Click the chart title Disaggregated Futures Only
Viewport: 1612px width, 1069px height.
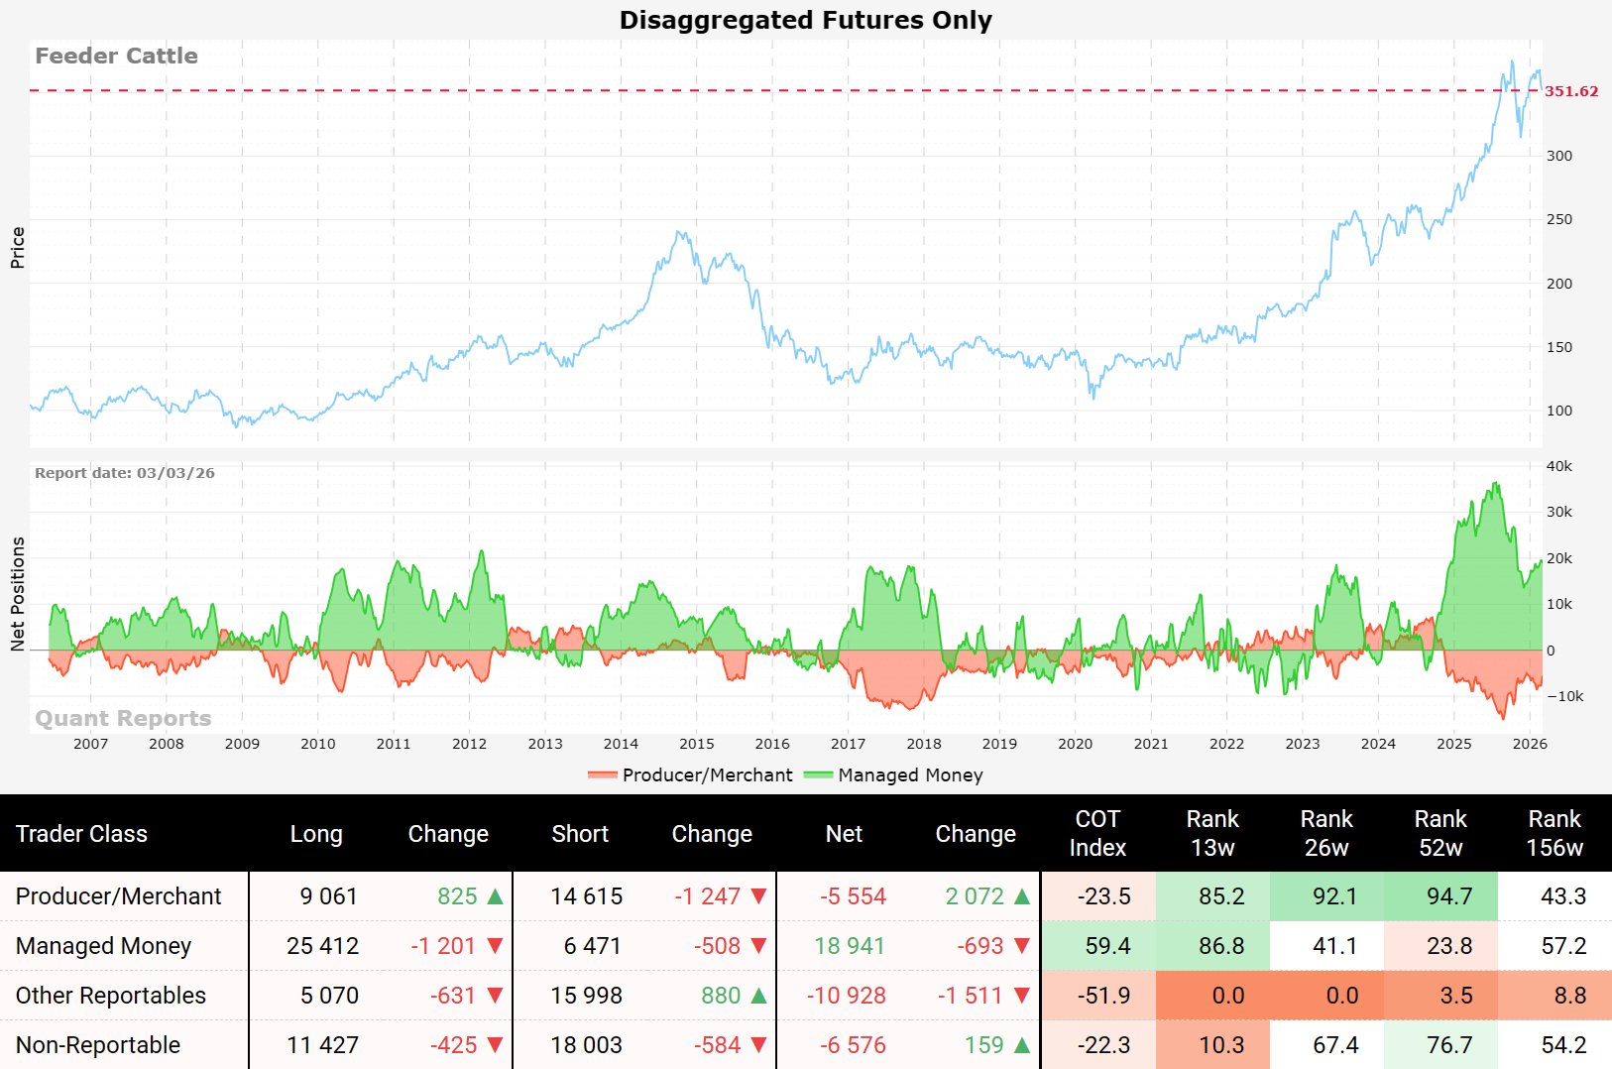[805, 20]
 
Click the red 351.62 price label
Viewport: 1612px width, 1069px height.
[1570, 91]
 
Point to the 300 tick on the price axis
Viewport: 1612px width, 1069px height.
[1558, 156]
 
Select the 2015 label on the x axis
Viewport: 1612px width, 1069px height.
[696, 744]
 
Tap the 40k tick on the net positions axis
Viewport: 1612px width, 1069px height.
[1558, 466]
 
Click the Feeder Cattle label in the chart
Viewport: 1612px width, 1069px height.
[116, 56]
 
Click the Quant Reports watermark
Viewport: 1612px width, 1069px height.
[123, 718]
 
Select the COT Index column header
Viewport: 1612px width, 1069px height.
[1097, 833]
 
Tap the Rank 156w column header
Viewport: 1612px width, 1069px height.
[1554, 833]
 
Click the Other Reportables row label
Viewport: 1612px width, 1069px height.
[111, 996]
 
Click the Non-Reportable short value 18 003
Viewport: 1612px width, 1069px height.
[586, 1045]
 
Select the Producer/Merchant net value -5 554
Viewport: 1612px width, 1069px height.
[853, 896]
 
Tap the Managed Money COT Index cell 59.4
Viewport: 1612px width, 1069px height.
[1107, 946]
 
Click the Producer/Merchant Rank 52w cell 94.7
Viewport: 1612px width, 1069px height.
[1449, 896]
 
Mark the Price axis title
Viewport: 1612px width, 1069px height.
[17, 247]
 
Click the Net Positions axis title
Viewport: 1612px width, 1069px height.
[17, 594]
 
